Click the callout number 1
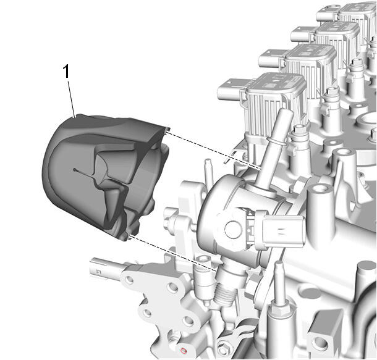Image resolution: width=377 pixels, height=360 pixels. point(66,72)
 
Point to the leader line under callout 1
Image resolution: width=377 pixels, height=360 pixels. point(72,98)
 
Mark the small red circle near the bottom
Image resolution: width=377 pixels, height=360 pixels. point(184,350)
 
